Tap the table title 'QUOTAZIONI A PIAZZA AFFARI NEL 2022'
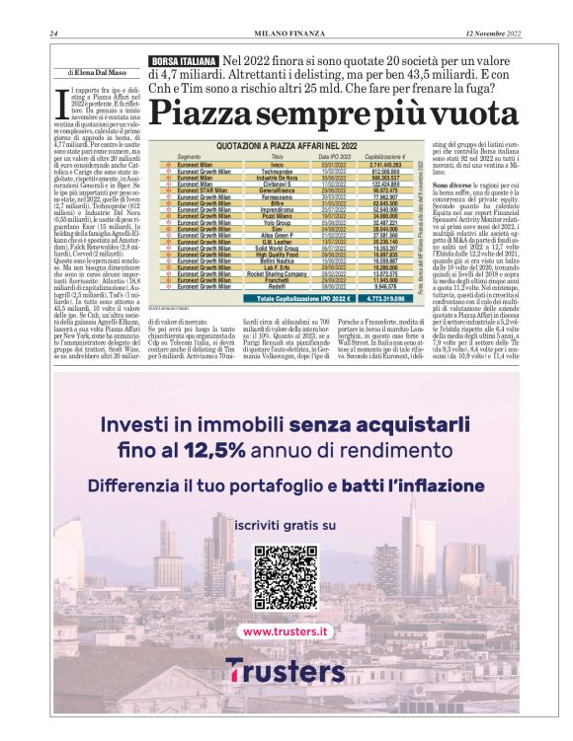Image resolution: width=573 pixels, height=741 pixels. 286,145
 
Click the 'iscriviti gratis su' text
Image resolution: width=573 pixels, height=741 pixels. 286,524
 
